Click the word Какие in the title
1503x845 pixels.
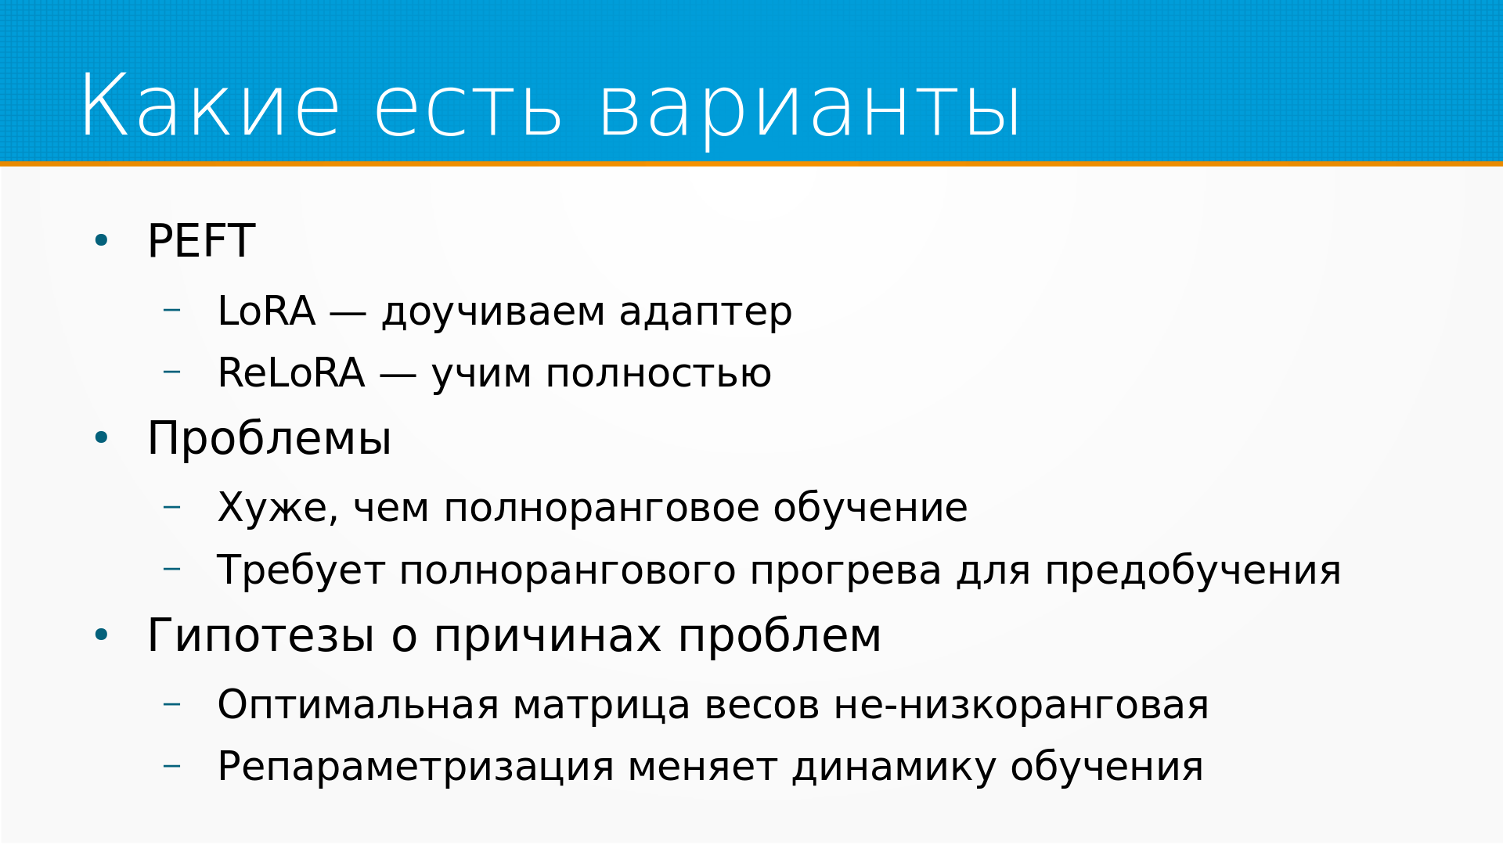click(x=211, y=106)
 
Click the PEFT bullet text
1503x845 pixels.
click(x=201, y=241)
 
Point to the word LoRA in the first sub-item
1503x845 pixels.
click(x=266, y=311)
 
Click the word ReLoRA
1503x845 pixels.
click(x=291, y=373)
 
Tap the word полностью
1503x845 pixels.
click(x=658, y=375)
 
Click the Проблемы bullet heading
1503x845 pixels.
click(x=269, y=438)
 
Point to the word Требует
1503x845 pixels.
click(x=301, y=570)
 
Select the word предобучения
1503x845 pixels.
click(x=1193, y=572)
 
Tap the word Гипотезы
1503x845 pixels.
click(x=261, y=635)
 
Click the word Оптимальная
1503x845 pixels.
click(x=358, y=706)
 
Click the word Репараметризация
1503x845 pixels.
click(x=416, y=768)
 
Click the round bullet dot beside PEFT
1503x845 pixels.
click(x=101, y=240)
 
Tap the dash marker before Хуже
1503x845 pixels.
click(x=171, y=507)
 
